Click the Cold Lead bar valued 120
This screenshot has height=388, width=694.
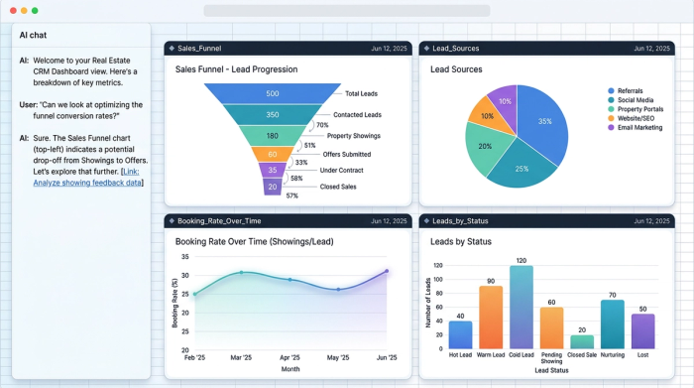(x=520, y=308)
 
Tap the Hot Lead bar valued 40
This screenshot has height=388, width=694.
(x=460, y=335)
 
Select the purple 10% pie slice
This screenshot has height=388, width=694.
(x=506, y=101)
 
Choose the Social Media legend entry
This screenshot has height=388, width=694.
(x=636, y=100)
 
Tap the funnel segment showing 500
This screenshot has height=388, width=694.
(x=272, y=94)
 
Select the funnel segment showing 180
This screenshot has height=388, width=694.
(x=272, y=136)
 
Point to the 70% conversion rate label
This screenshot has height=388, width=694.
(x=321, y=125)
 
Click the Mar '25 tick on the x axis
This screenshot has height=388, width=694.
(x=242, y=357)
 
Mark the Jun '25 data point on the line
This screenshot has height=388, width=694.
(x=387, y=271)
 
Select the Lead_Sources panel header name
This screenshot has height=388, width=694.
(x=460, y=48)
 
